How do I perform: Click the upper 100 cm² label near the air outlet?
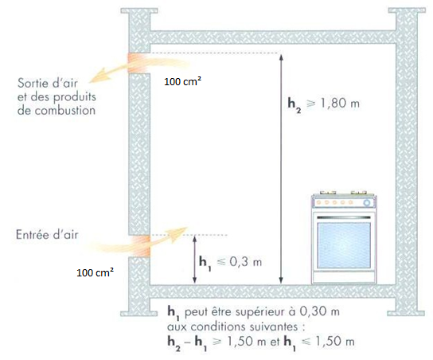(182, 81)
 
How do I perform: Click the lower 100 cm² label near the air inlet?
(96, 272)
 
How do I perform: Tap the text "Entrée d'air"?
(47, 235)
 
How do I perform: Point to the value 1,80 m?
(340, 104)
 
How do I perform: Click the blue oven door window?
(344, 245)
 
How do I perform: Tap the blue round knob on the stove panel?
(367, 203)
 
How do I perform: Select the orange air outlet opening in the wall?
(138, 63)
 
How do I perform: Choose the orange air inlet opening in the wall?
(139, 246)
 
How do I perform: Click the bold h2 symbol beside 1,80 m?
(295, 104)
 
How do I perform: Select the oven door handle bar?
(344, 217)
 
